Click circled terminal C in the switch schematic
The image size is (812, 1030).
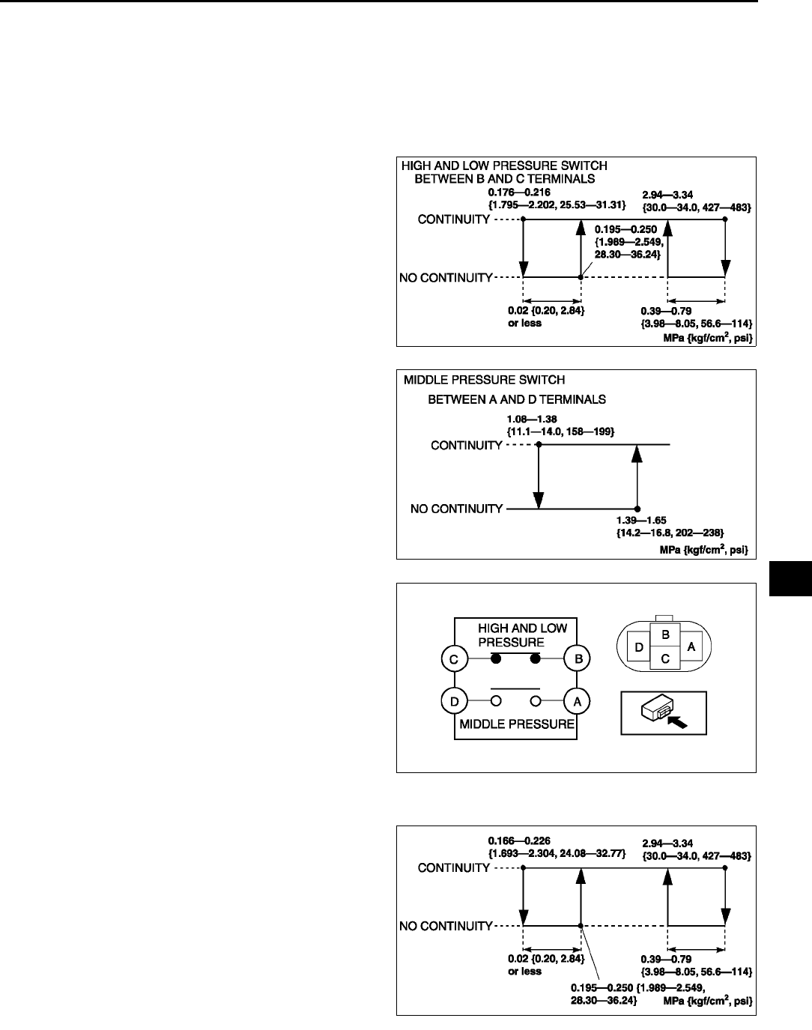coord(455,659)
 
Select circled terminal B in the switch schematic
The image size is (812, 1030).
coord(578,659)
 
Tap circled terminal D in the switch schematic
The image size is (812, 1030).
coord(455,702)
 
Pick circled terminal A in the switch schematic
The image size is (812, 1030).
coord(578,702)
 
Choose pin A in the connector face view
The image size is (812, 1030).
coord(691,646)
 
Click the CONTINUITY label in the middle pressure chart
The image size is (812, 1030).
coord(466,445)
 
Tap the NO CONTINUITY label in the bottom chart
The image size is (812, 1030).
coord(446,926)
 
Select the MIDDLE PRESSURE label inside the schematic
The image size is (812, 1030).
coord(516,724)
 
